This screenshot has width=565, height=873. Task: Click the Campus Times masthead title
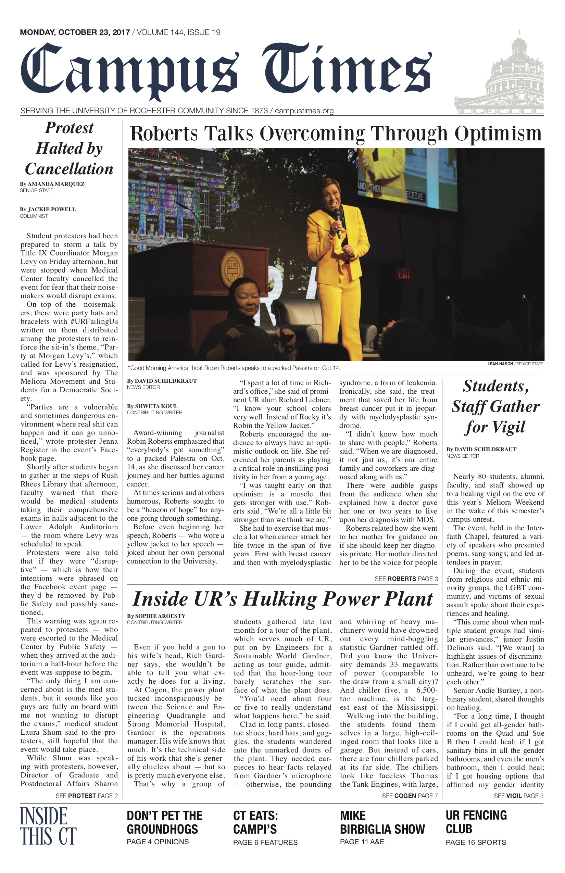(225, 70)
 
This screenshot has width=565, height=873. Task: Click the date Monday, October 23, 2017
(75, 32)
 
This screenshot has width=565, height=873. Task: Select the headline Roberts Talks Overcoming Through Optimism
(335, 134)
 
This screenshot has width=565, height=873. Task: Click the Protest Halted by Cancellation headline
(69, 149)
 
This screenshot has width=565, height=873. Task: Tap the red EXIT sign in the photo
(404, 274)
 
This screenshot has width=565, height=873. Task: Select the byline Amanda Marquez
(52, 184)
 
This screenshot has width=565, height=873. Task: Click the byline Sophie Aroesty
(156, 616)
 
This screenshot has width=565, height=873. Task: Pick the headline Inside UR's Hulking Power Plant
(282, 599)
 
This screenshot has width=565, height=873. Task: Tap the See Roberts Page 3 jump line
(406, 579)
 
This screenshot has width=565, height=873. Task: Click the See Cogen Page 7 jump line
(410, 796)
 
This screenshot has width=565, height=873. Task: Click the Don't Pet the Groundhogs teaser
(164, 822)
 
